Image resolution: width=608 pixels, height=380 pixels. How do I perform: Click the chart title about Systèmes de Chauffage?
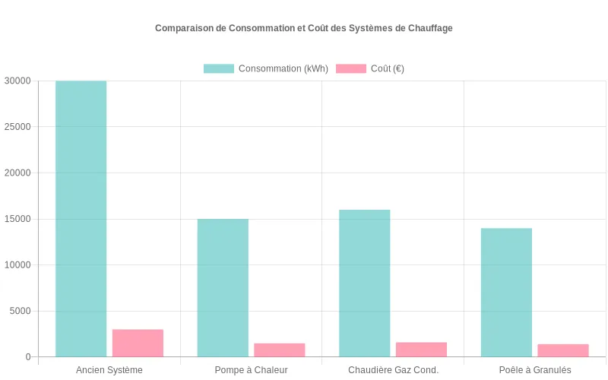pos(304,28)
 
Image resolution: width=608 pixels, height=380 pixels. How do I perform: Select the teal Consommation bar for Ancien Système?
pos(81,219)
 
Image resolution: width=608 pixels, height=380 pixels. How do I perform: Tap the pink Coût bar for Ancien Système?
pos(138,343)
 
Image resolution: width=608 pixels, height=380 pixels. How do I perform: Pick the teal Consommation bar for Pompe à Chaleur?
pos(223,288)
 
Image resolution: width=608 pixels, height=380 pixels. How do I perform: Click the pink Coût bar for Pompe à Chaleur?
pos(280,350)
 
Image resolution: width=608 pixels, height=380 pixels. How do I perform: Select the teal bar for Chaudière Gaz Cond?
pos(365,283)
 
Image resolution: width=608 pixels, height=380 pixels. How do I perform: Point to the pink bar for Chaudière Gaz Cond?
pos(421,350)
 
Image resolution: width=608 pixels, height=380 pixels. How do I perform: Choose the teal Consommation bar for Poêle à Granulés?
pos(506,293)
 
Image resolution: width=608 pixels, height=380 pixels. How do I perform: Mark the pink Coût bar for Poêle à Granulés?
pos(563,350)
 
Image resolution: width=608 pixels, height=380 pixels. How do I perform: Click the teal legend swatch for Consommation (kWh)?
pos(219,68)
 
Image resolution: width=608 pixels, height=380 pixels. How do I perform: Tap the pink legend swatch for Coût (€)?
pos(351,68)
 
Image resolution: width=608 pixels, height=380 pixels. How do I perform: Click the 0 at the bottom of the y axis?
pos(27,357)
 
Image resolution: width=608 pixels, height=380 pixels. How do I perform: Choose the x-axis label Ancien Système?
pos(109,370)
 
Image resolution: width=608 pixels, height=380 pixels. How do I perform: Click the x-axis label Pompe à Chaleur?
pos(251,370)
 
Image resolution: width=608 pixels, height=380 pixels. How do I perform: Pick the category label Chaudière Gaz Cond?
pos(393,370)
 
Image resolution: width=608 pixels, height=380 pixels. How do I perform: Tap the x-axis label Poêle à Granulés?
pos(535,370)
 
